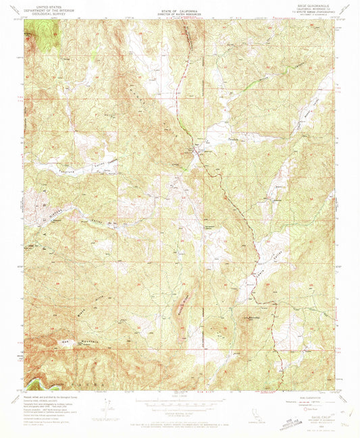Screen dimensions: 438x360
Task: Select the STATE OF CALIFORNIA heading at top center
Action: (x=180, y=4)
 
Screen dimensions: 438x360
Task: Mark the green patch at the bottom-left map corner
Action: (x=34, y=385)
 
